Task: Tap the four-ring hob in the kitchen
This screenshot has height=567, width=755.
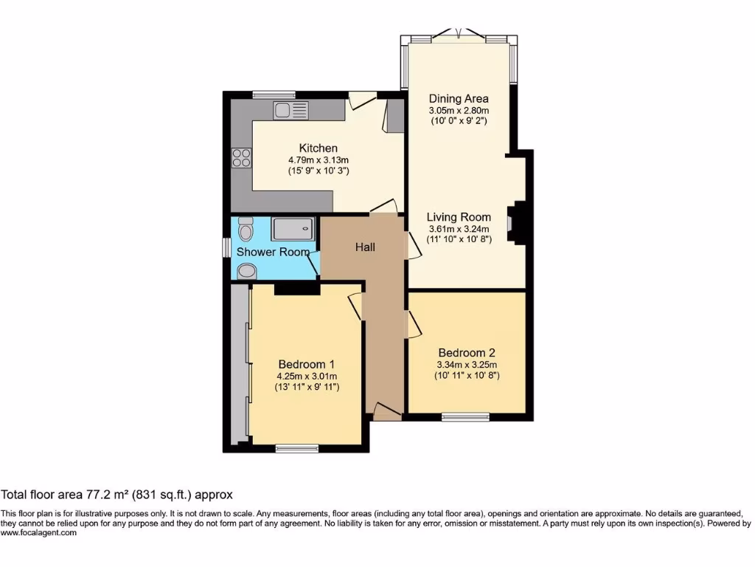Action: coord(241,157)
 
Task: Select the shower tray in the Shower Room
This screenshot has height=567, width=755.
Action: coord(293,229)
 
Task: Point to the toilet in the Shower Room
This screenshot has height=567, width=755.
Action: coord(246,230)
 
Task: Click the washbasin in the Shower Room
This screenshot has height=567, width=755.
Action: coord(246,271)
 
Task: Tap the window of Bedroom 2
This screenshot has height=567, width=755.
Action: coord(465,416)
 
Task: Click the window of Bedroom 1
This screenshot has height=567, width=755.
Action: coord(297,447)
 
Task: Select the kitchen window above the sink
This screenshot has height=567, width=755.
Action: coord(274,94)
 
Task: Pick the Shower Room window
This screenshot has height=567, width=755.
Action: coord(227,247)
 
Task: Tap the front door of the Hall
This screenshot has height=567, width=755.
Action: coord(385,412)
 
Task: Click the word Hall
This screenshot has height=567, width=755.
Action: coord(365,247)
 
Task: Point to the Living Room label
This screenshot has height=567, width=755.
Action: coord(459,217)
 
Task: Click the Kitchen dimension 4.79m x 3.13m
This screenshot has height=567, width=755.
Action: coord(318,159)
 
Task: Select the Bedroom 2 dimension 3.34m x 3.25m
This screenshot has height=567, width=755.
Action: coord(467,364)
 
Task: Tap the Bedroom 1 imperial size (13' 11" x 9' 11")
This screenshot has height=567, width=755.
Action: coord(307,387)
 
